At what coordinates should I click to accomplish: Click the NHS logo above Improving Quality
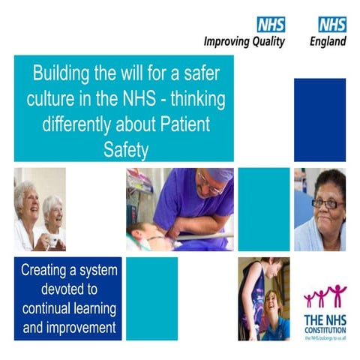(271, 24)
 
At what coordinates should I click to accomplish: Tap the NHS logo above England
(331, 24)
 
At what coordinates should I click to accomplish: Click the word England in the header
(328, 42)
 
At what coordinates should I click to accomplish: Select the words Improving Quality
(244, 42)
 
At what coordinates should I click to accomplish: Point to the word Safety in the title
(124, 149)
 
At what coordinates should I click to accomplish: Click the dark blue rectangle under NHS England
(319, 119)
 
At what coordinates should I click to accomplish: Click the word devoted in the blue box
(67, 289)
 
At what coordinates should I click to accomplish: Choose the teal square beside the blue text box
(151, 298)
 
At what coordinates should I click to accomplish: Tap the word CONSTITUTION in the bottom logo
(325, 328)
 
